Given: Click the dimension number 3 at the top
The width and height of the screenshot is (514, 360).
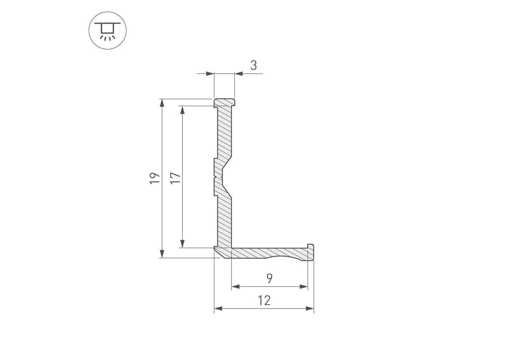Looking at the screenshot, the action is [x=254, y=66].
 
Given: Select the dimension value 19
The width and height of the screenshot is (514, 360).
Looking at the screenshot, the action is [x=155, y=178].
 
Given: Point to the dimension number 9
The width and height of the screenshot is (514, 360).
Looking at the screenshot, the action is [x=270, y=278].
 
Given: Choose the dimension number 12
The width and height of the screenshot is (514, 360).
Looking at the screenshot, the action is [x=264, y=301].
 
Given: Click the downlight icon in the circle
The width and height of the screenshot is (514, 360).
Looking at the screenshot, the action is [x=108, y=31].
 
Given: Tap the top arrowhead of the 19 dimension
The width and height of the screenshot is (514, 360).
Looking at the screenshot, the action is [x=162, y=103].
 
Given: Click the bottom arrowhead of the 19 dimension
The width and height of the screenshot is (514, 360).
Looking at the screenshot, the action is [x=162, y=254].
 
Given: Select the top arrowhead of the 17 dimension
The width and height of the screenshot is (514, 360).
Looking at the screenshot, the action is [x=182, y=110].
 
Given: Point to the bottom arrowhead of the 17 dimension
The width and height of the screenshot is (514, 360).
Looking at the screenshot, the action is [x=182, y=244].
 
